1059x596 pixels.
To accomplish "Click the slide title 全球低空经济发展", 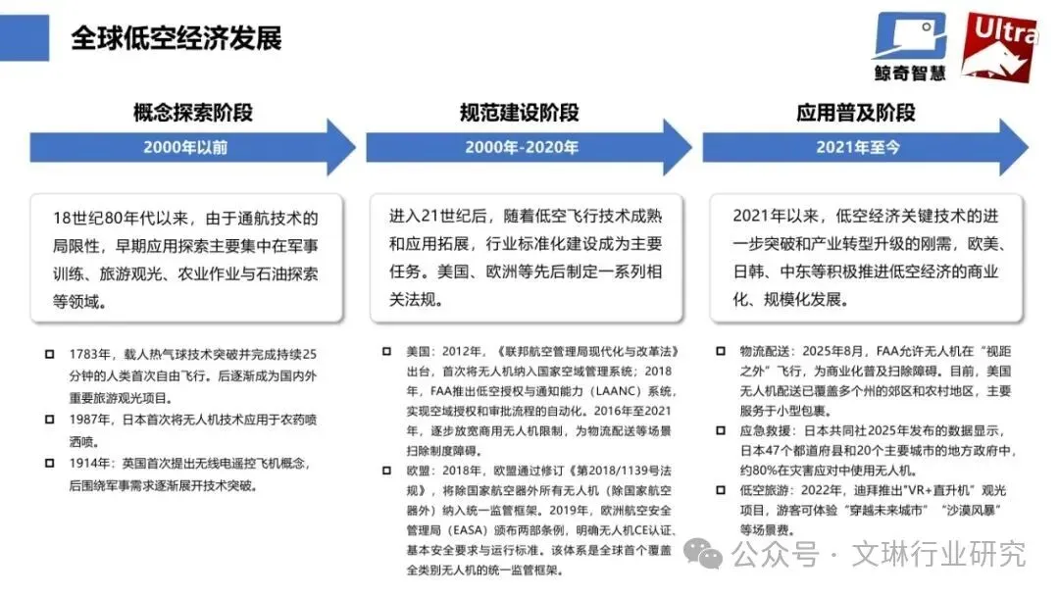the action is (x=176, y=37).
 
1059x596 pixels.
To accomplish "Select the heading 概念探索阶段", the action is (x=192, y=112).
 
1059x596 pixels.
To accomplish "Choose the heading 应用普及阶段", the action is (x=855, y=112).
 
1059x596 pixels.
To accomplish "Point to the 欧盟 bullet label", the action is (x=419, y=470).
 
